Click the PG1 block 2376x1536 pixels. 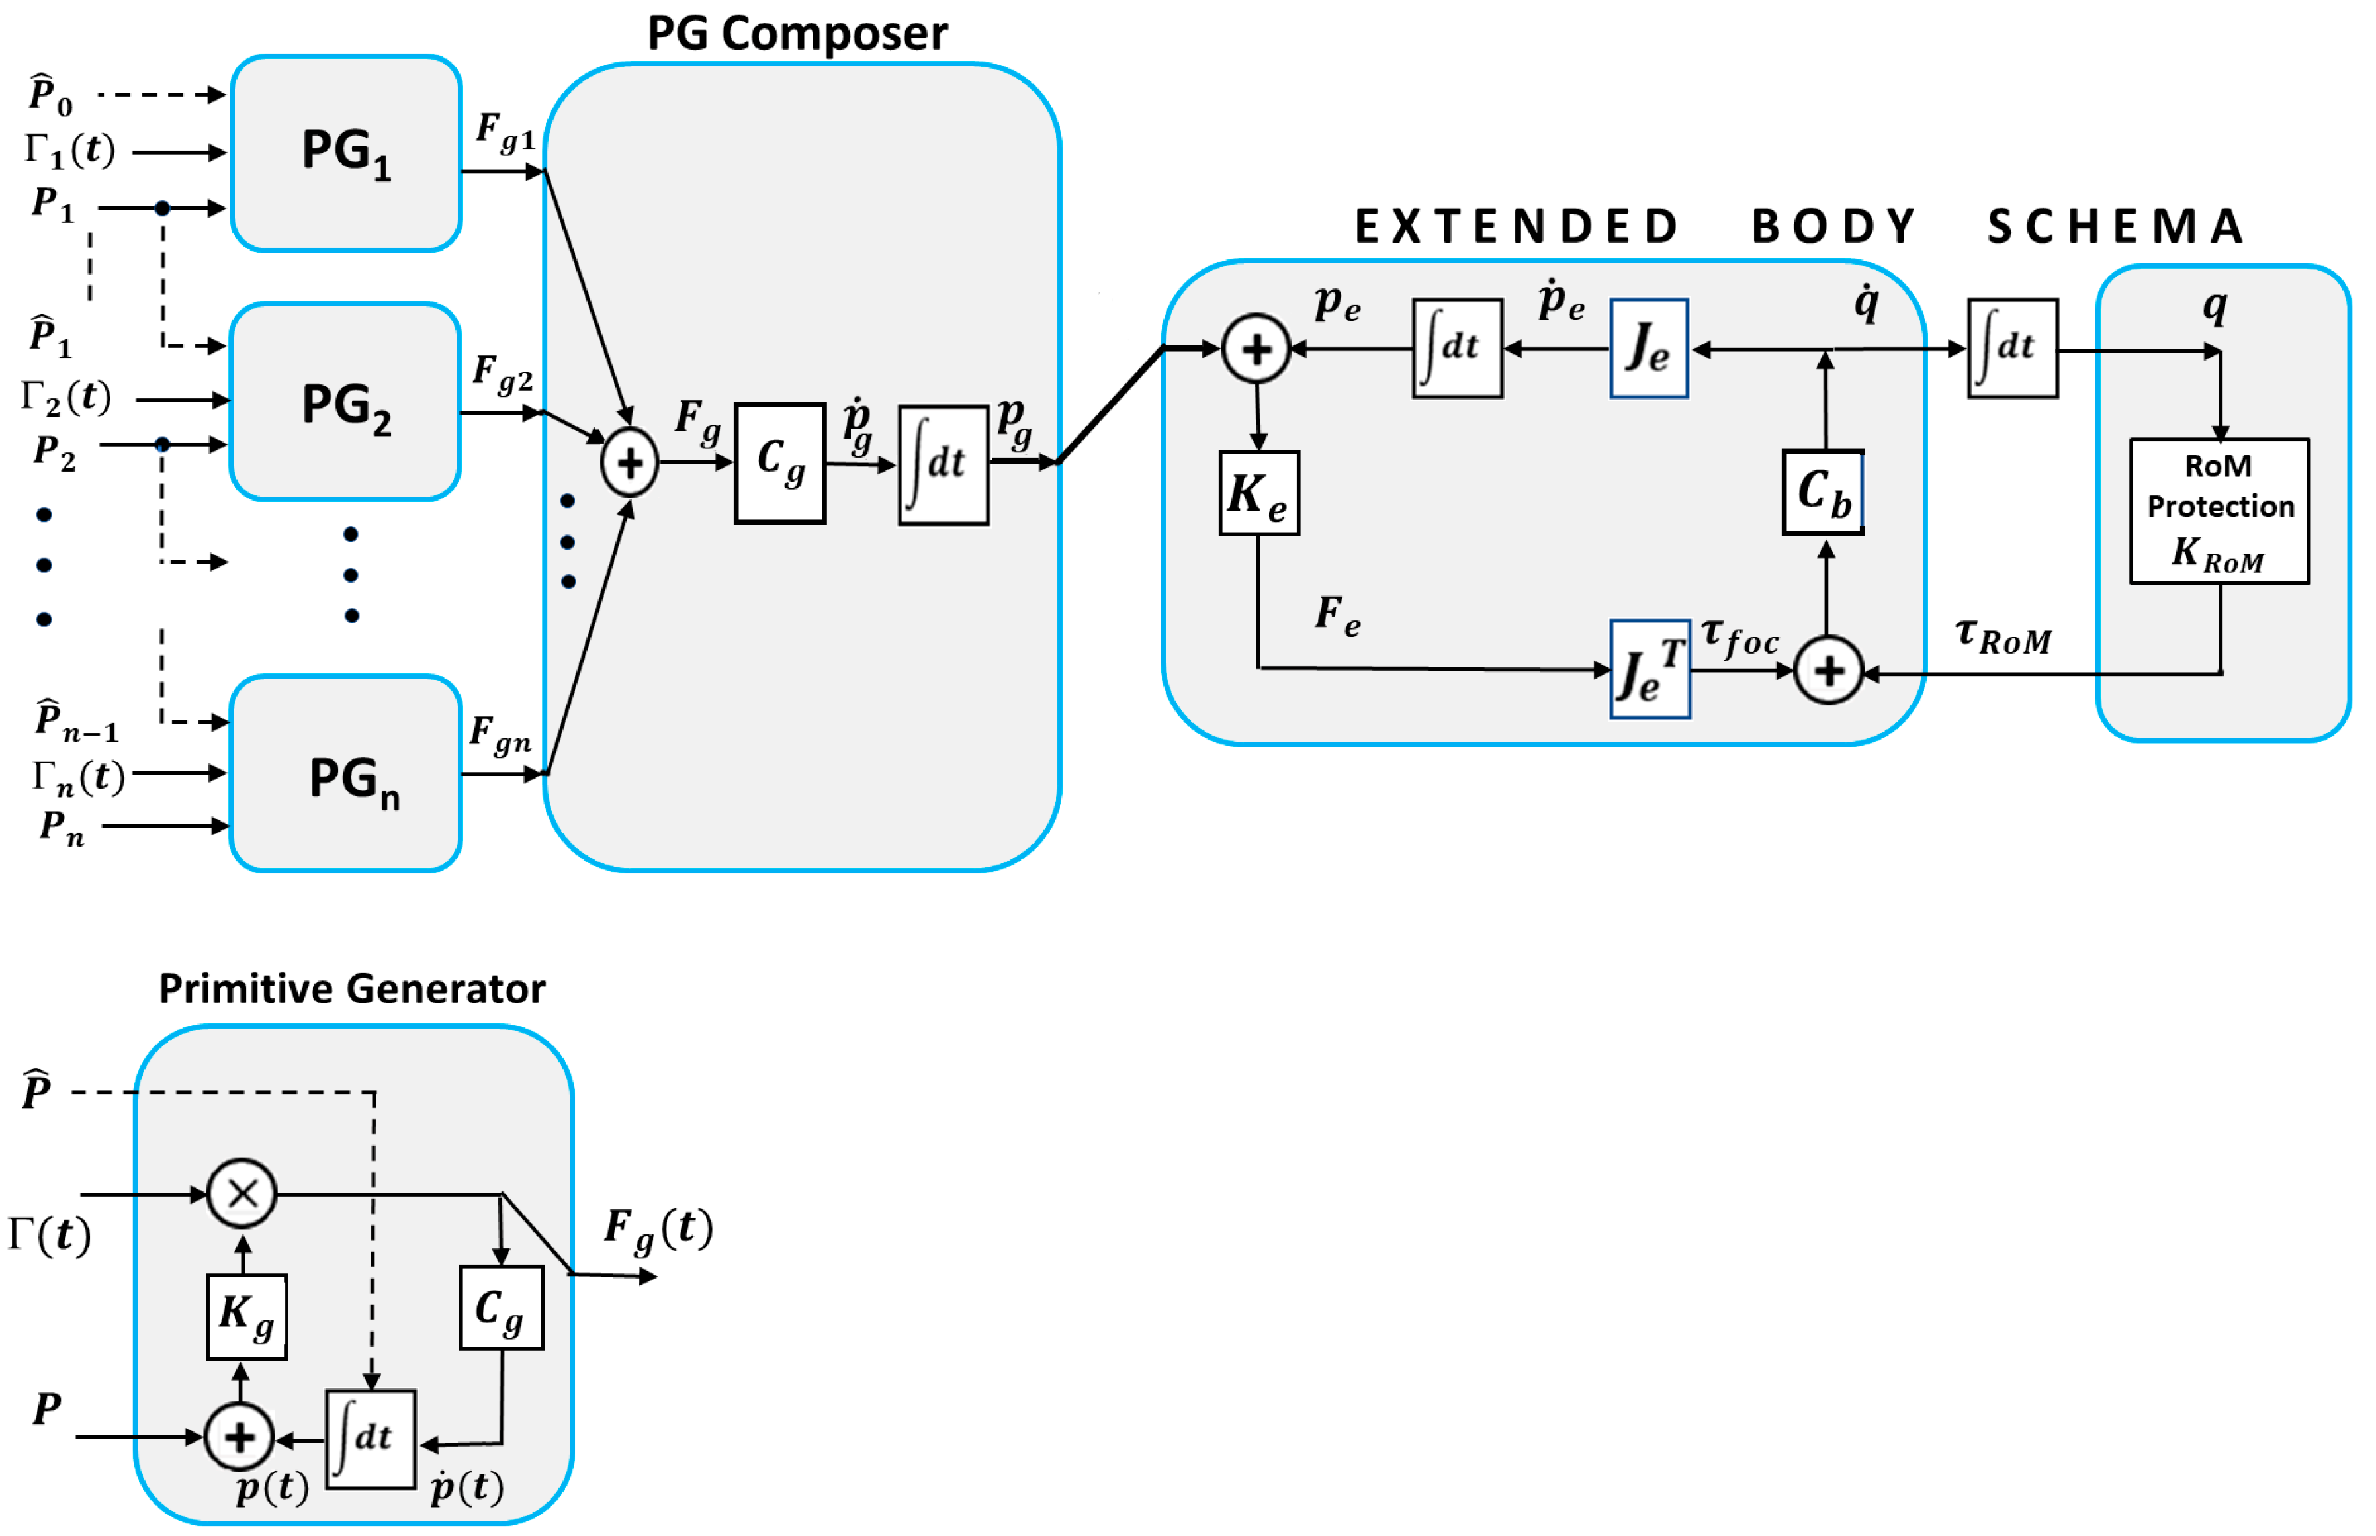click(345, 153)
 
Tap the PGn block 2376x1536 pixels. click(345, 774)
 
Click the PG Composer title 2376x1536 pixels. click(797, 33)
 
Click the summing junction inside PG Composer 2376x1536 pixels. click(629, 463)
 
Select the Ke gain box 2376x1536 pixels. click(1259, 493)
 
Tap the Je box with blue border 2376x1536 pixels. click(1649, 348)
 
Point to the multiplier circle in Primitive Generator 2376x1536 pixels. click(242, 1193)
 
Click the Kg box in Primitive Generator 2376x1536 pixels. click(246, 1316)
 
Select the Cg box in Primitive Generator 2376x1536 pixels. click(501, 1308)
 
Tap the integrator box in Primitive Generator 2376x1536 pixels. click(370, 1438)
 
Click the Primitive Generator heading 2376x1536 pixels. click(351, 988)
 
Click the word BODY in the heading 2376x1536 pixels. click(1833, 226)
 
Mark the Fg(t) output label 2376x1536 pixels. click(658, 1229)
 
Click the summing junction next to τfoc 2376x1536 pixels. click(1828, 671)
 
